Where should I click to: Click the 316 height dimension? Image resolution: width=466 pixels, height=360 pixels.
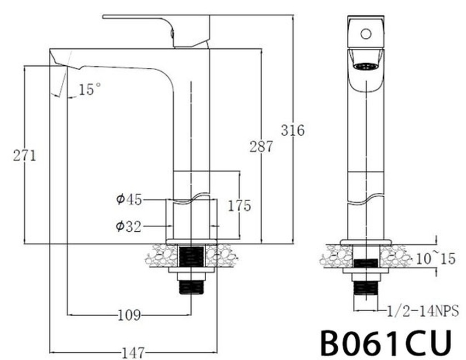tap(293, 130)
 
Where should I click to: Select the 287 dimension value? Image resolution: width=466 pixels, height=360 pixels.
tap(261, 146)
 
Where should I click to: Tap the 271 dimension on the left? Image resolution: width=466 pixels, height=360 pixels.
tap(24, 155)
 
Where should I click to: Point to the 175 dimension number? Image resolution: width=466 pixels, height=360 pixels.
tap(240, 205)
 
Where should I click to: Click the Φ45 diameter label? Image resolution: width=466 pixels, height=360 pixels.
tap(129, 199)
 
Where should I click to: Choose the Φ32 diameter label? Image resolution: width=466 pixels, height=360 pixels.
tap(129, 225)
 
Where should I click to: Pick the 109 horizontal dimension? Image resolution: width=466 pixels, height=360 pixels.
tap(129, 315)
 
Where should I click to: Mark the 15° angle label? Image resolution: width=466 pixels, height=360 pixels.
tap(90, 89)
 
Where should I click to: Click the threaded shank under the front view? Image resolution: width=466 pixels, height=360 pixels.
tap(366, 288)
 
